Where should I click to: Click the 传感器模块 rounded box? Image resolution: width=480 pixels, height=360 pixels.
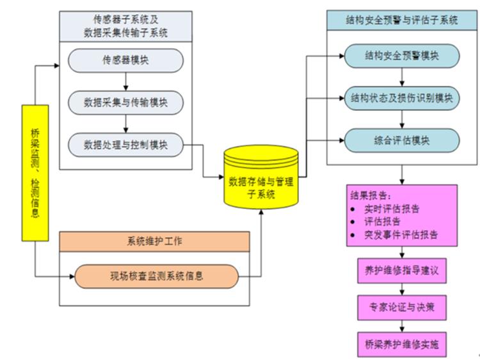(x=125, y=60)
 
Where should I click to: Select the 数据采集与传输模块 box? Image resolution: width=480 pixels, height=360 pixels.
(x=125, y=102)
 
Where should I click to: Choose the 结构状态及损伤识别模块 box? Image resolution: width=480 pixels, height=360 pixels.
(x=401, y=98)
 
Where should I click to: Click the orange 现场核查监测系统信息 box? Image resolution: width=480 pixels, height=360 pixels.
(x=157, y=277)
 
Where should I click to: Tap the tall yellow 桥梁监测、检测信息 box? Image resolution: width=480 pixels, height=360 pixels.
(x=35, y=172)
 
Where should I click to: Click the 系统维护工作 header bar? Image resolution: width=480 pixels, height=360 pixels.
(x=154, y=241)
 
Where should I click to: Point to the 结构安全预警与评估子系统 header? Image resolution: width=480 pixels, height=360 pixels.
(x=401, y=20)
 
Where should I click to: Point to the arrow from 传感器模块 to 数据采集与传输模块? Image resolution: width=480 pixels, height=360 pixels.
(x=125, y=81)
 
